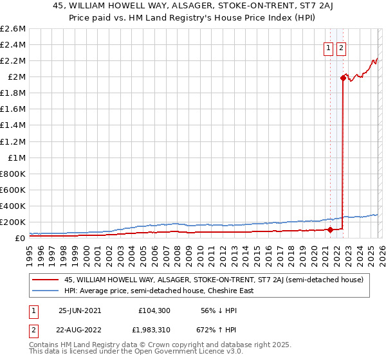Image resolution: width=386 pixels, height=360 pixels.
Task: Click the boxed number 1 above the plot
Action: (x=328, y=47)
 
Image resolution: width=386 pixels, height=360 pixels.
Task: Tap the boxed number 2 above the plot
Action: (x=341, y=47)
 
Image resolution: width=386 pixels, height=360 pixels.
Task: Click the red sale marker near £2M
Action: (x=343, y=78)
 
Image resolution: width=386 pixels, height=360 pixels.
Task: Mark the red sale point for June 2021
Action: (x=330, y=230)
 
